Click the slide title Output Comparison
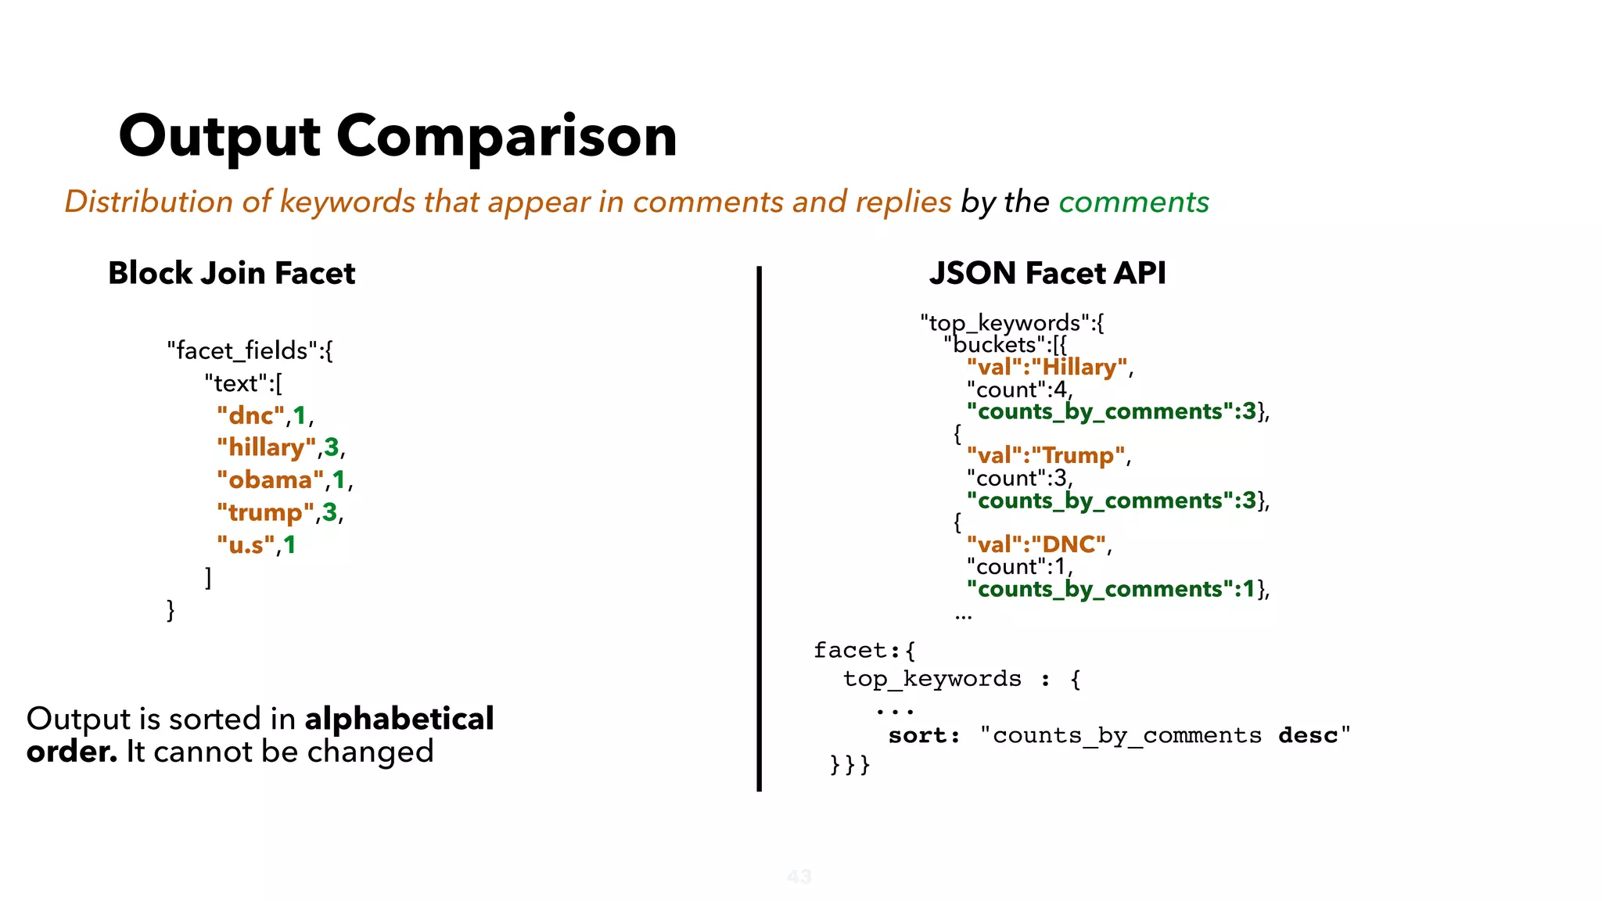[397, 136]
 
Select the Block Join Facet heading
[232, 273]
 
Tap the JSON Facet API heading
[1047, 273]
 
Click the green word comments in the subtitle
[1133, 202]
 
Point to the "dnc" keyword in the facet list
[251, 415]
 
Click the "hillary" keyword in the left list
[267, 447]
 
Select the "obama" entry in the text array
[271, 479]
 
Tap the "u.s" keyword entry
[246, 544]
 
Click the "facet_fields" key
[242, 350]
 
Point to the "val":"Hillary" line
[1047, 367]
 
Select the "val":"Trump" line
[1046, 455]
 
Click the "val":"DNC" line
[1036, 544]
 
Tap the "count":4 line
[1017, 389]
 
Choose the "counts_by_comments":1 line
[1111, 589]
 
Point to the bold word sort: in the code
[924, 736]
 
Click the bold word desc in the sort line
[1308, 736]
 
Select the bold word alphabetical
[399, 719]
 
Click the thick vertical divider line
[759, 529]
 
